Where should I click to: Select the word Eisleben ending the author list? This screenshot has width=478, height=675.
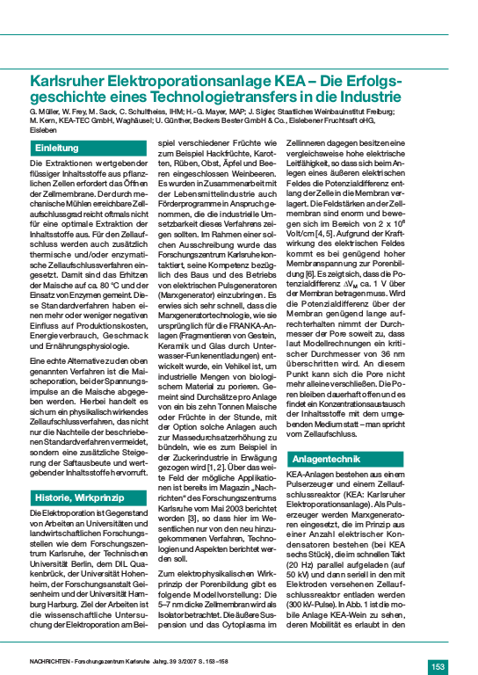coord(43,129)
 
